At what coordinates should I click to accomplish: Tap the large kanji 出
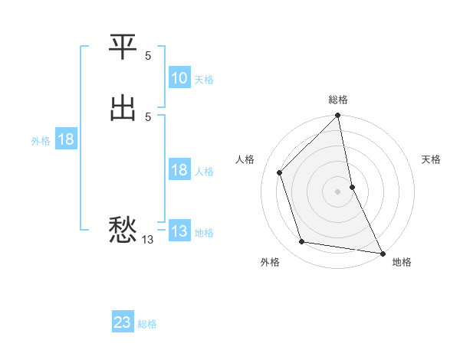pos(123,108)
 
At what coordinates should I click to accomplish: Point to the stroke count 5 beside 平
pos(148,56)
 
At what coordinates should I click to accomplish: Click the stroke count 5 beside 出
pos(148,116)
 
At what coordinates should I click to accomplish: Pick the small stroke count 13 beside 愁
pos(148,240)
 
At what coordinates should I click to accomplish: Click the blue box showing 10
pos(179,78)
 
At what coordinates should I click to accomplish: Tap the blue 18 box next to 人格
pos(179,170)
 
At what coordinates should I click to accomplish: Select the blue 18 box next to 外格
pos(66,139)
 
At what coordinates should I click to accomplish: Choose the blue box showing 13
pos(179,231)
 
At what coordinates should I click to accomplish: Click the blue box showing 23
pos(123,322)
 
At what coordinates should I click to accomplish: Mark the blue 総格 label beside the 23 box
pos(147,324)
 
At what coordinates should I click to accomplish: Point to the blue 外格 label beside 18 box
pos(41,141)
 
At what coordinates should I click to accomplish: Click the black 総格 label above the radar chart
pos(338,100)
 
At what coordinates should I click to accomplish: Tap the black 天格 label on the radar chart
pos(432,159)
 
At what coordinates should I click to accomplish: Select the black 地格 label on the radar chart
pos(402,262)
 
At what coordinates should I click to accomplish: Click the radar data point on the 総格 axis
pos(338,116)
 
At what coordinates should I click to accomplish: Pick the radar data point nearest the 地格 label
pos(382,252)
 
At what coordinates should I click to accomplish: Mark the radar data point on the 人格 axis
pos(280,172)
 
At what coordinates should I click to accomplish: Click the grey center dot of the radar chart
pos(338,191)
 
